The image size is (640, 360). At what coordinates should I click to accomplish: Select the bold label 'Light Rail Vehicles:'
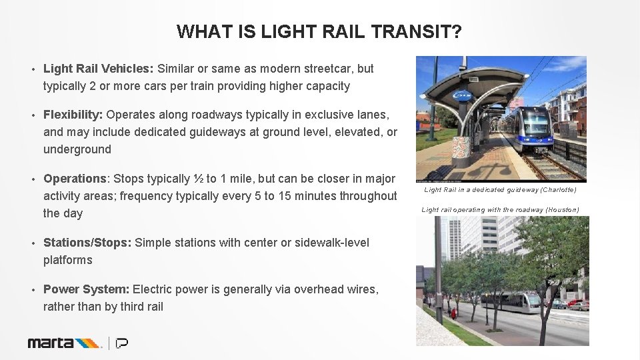[99, 69]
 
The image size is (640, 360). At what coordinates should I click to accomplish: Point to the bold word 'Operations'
[75, 179]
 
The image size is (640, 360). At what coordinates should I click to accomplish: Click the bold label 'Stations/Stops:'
[87, 243]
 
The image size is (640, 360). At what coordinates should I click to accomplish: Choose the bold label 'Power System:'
[87, 289]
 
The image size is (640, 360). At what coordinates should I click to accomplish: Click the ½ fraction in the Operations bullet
[199, 179]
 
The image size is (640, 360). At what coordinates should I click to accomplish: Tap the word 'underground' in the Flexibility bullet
[77, 149]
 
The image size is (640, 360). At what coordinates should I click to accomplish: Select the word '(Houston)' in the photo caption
[563, 210]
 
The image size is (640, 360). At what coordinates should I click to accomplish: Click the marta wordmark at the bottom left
[51, 343]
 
